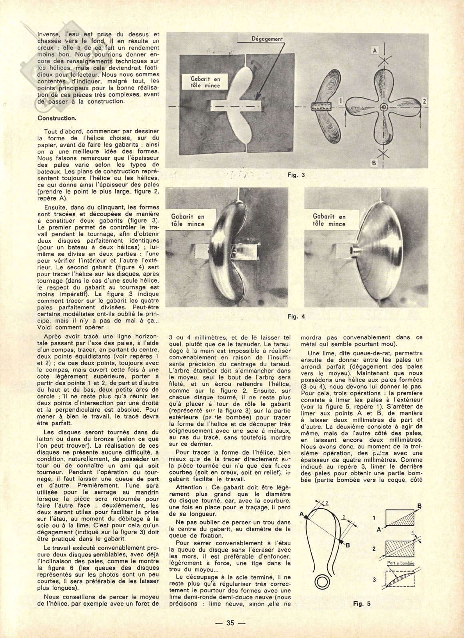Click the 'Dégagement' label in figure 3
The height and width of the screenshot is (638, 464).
[x=268, y=39]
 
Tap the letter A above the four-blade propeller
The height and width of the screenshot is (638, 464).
[x=375, y=51]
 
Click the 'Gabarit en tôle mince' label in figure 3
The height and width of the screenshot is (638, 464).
[x=206, y=82]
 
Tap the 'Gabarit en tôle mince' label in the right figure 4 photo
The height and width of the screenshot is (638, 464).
[x=329, y=220]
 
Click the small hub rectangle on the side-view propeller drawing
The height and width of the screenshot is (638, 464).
[x=322, y=107]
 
